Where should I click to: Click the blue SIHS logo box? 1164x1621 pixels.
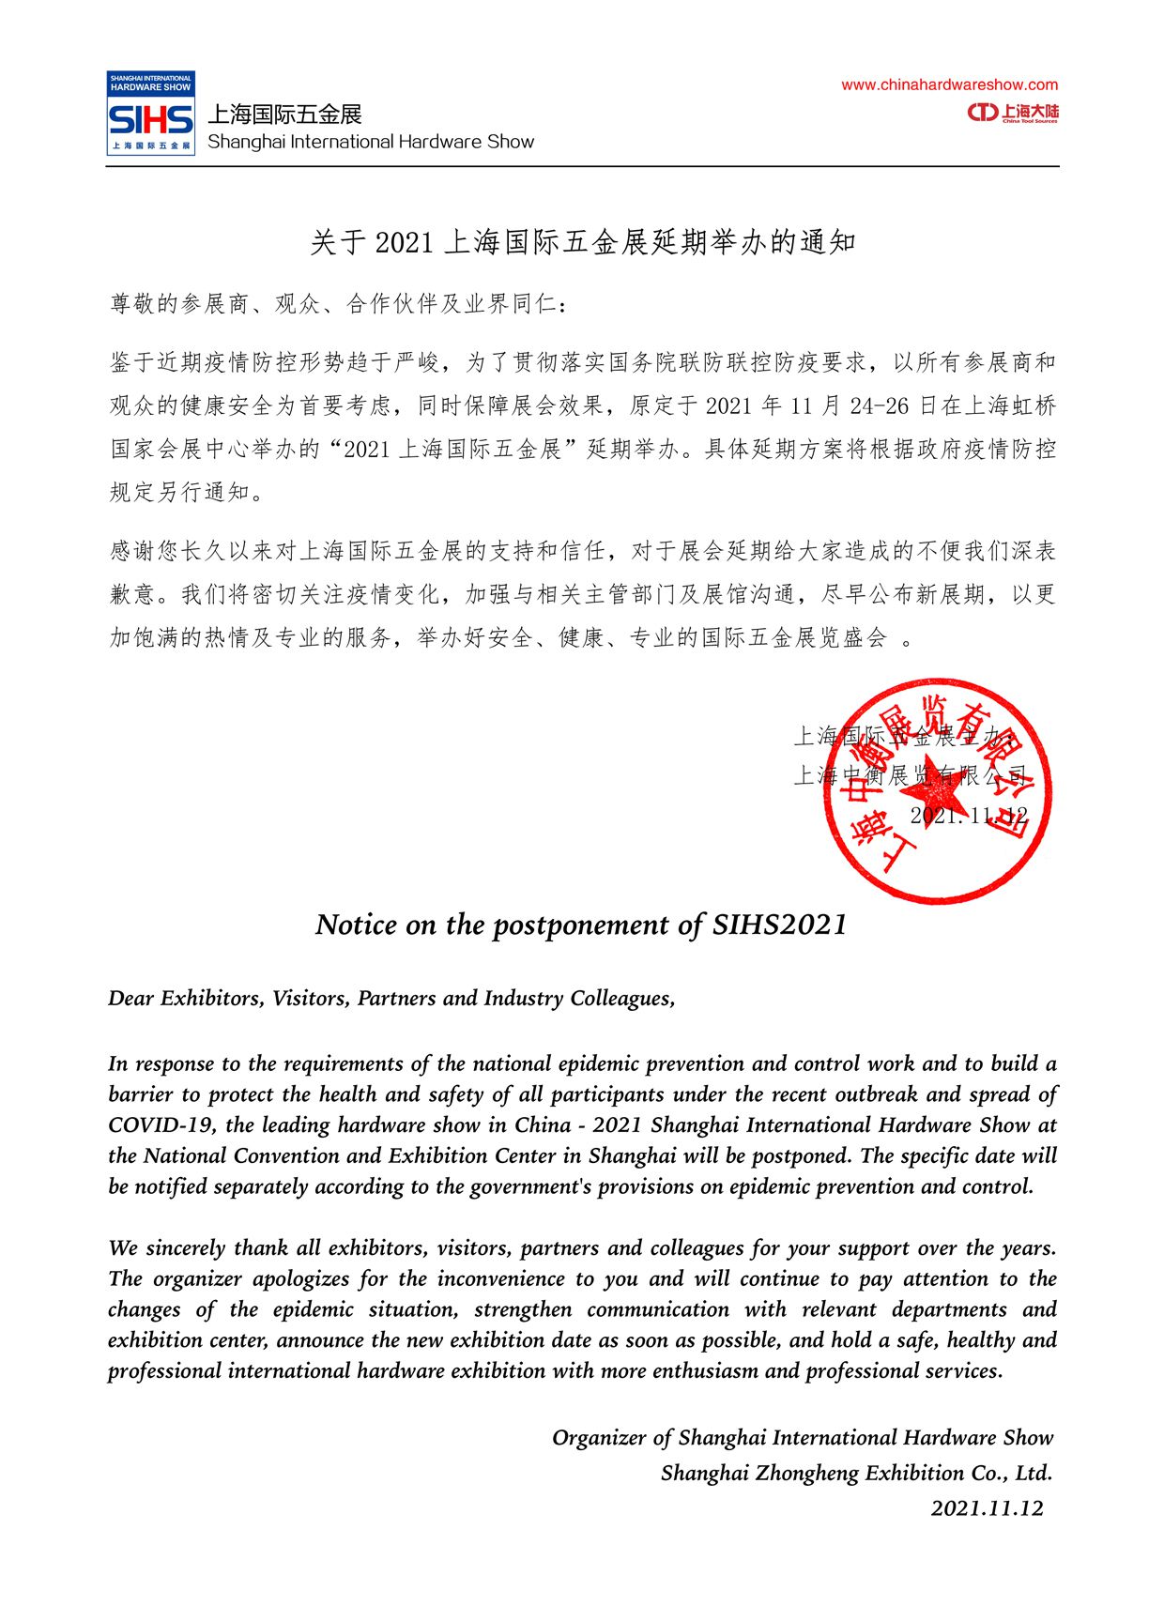[x=150, y=114]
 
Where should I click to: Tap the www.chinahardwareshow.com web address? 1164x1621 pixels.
[x=949, y=85]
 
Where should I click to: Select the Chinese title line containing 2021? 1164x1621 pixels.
[x=582, y=242]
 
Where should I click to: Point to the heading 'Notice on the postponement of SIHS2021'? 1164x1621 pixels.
[x=581, y=925]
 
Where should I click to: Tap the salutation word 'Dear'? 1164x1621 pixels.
[x=131, y=998]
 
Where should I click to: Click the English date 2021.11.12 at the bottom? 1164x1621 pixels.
[x=987, y=1508]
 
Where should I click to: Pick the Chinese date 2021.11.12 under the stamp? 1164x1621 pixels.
[x=968, y=816]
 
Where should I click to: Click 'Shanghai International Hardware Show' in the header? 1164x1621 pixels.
[x=371, y=142]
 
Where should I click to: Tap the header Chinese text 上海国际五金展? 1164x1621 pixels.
[x=284, y=115]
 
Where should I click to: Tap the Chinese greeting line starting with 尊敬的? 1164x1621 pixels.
[x=338, y=304]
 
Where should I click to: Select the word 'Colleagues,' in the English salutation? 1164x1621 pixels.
[x=622, y=998]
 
